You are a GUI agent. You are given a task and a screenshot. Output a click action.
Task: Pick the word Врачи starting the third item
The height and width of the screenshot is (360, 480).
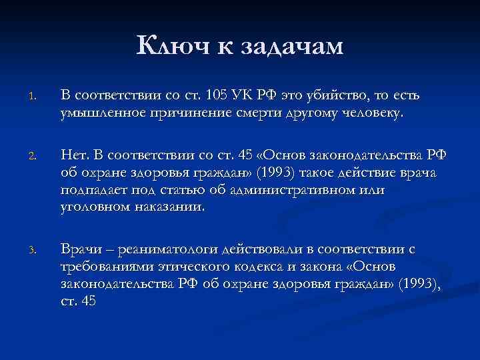point(81,249)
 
